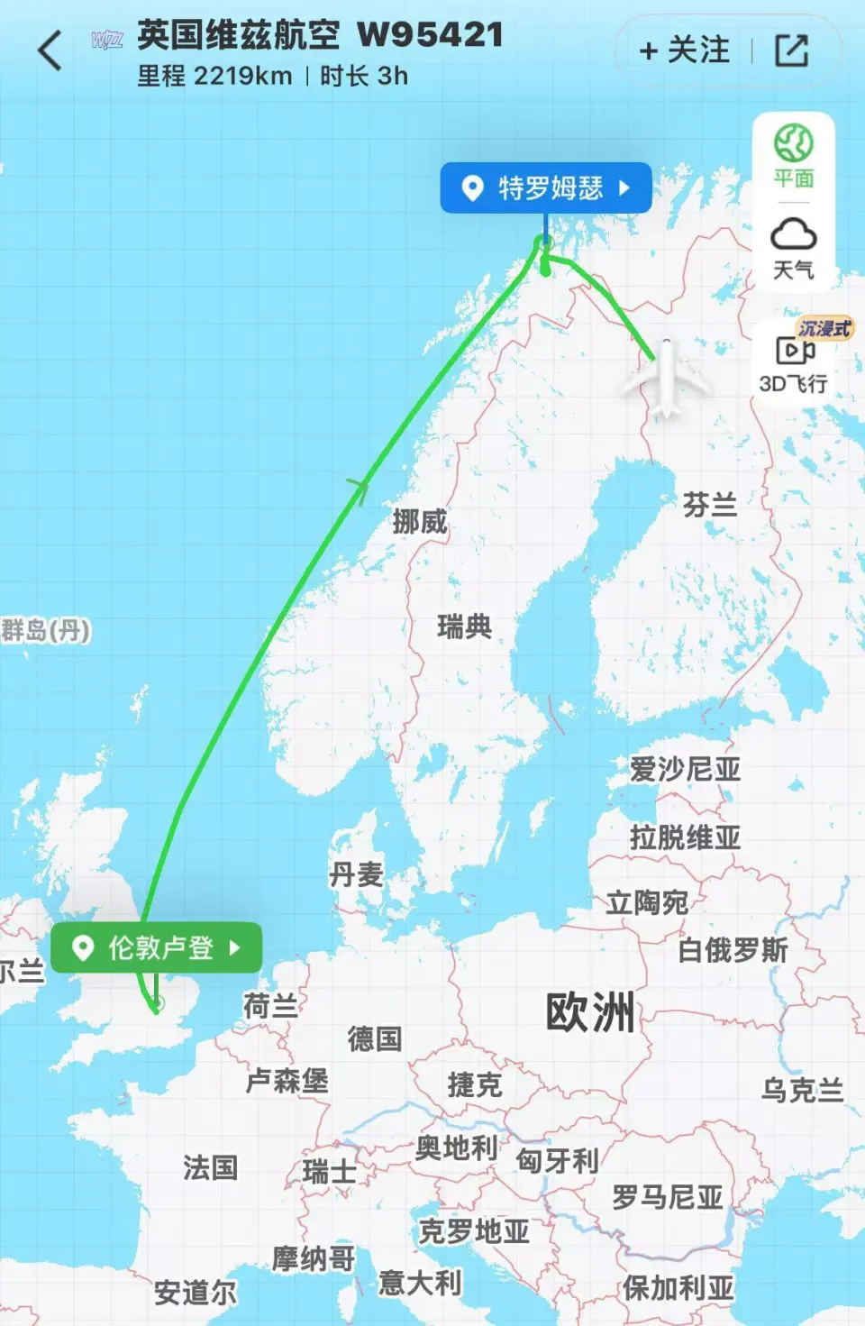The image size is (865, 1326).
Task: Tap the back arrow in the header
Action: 50,50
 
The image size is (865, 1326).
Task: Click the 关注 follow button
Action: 685,50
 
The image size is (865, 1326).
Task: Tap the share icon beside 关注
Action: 791,50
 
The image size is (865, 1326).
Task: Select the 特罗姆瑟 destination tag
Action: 545,188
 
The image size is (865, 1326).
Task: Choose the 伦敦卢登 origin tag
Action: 156,947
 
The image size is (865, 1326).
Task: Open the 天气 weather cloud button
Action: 793,248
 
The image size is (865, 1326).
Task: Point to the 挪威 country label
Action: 420,521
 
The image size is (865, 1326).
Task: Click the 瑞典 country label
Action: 464,626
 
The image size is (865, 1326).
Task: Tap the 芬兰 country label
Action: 709,504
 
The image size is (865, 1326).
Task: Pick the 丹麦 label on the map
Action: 357,873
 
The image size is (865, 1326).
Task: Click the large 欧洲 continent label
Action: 590,1011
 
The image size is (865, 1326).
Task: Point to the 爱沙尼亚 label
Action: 685,769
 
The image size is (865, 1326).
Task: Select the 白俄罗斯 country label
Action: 733,949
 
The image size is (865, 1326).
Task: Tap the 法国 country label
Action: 210,1167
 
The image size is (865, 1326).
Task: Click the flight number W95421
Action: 430,35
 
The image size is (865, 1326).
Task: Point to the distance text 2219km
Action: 242,77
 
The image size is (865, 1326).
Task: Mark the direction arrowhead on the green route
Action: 360,488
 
